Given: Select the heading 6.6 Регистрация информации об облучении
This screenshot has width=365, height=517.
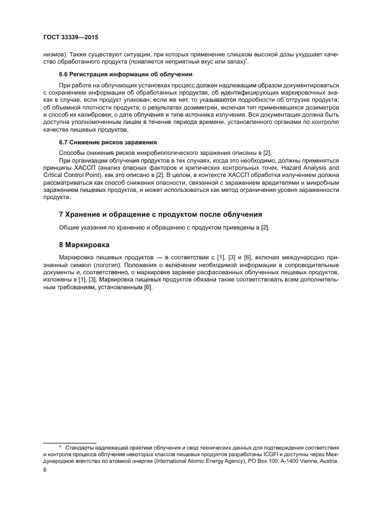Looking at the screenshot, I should tap(125, 74).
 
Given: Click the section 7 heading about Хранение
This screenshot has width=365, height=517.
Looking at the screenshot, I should tap(160, 214).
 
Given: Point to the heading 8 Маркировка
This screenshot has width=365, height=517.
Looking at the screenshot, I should tap(84, 244).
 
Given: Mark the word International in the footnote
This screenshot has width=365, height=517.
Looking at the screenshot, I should tap(172, 461).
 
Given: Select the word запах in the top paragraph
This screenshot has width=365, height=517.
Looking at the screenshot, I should tap(235, 62).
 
